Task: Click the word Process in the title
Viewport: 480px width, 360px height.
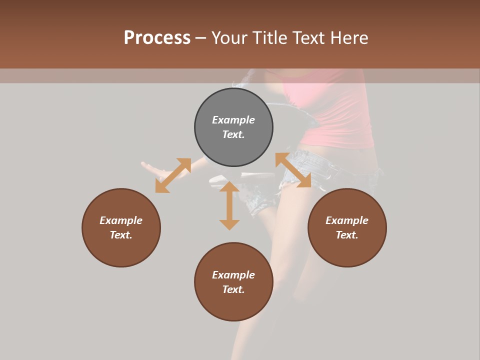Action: coord(157,38)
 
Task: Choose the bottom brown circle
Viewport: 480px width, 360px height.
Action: coord(233,305)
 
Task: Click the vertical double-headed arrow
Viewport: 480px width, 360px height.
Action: coord(229,206)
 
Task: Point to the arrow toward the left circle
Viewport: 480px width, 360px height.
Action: coord(173,175)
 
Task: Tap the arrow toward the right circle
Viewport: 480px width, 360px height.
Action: coord(293,170)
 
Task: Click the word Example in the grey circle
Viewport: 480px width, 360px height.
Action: coord(233,120)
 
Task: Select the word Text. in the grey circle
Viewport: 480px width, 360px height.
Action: coord(233,134)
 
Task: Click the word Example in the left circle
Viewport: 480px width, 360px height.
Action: coord(121,220)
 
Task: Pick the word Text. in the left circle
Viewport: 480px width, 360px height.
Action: coord(121,235)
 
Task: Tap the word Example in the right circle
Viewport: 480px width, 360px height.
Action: coord(347,220)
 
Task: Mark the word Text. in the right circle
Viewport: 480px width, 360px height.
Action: coord(347,235)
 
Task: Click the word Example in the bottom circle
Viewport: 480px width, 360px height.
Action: coord(233,275)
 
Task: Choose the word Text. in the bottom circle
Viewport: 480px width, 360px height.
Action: coord(233,289)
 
